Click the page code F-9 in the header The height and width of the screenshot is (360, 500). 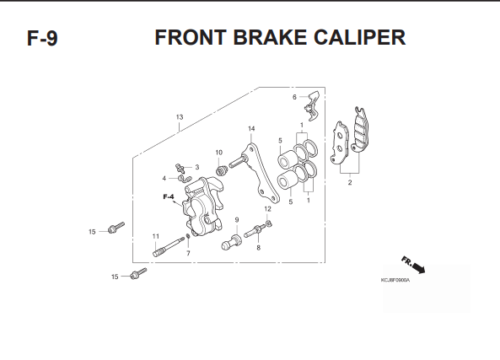[42, 38]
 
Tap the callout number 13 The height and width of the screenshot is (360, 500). [180, 117]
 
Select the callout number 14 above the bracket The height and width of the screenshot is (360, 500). [251, 128]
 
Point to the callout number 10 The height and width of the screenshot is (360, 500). [218, 153]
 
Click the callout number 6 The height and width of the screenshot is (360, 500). [294, 97]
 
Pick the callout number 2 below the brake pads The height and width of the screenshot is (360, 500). [350, 182]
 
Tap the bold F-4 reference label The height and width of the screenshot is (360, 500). [169, 196]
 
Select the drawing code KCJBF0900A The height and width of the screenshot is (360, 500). [395, 280]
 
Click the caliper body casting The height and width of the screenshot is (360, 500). [202, 207]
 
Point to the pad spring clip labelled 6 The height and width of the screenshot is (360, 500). [313, 105]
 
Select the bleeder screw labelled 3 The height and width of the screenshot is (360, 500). [180, 168]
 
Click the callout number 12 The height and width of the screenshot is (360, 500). [267, 209]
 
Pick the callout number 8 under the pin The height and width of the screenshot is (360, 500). [258, 247]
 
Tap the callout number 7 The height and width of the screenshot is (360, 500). [188, 253]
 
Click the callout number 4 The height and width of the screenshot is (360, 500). [164, 178]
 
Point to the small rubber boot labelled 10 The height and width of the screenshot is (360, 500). [221, 170]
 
